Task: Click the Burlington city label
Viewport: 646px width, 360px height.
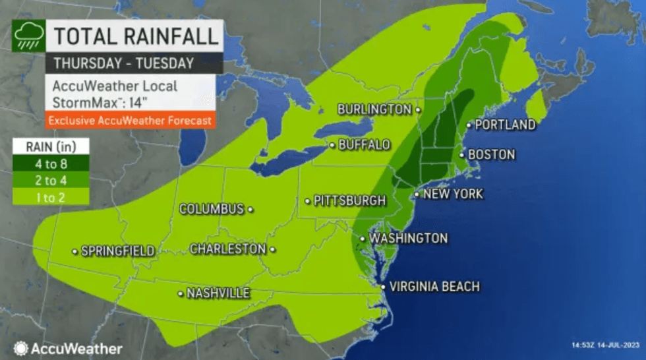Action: pos(374,109)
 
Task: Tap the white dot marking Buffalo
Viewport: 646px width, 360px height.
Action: pos(332,145)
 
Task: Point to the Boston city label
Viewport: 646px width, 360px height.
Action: pos(491,154)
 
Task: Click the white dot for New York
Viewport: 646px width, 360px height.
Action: pos(417,194)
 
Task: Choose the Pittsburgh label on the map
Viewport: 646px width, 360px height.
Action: pos(349,200)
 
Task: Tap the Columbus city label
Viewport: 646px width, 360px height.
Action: pos(212,209)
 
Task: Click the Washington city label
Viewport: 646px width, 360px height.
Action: pos(408,238)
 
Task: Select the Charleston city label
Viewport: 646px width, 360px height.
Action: pos(227,249)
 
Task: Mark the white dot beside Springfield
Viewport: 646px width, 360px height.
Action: pos(74,251)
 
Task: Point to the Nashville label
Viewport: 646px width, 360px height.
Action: pos(218,293)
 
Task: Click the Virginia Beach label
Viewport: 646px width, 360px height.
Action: pos(434,287)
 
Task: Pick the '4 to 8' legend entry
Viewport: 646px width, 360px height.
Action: pos(50,163)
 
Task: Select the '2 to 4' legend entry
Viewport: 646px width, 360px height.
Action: pos(50,179)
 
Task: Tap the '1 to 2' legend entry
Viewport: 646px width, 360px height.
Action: pos(50,196)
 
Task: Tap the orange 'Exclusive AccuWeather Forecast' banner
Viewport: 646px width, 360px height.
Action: pos(130,121)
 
